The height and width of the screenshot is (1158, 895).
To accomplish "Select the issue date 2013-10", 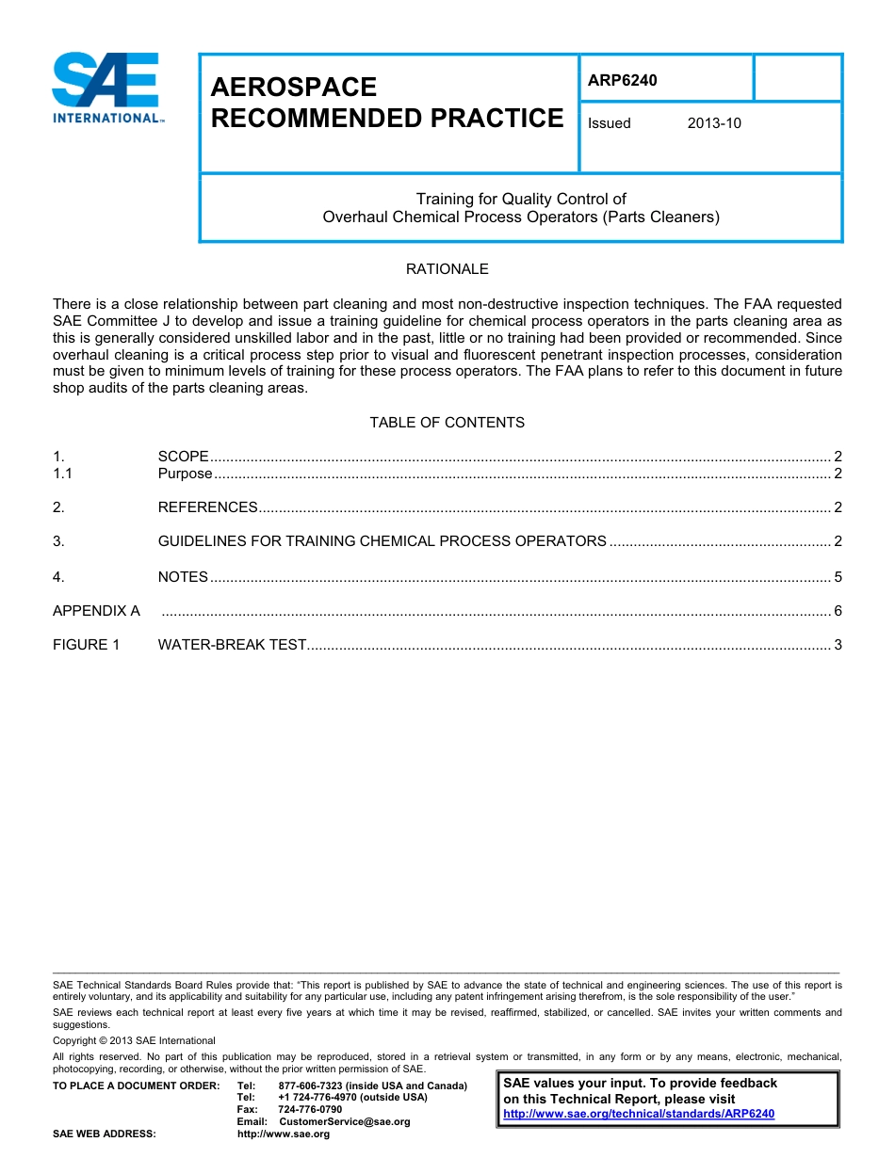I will [713, 123].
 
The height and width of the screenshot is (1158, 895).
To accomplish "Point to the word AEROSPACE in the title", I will [293, 88].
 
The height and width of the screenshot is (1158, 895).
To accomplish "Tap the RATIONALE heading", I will [447, 269].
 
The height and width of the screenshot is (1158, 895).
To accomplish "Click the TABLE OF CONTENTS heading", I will [447, 423].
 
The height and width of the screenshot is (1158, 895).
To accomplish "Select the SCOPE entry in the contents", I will [183, 457].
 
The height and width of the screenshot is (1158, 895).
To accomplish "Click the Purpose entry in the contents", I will [185, 474].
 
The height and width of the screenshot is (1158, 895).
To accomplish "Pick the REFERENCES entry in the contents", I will [207, 507].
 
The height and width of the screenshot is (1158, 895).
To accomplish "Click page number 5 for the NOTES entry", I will [838, 577].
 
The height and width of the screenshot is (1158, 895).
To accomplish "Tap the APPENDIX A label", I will [96, 611].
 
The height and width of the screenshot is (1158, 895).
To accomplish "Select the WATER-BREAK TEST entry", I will [232, 645].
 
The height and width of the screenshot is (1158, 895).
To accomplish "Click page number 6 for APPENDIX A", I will [838, 611].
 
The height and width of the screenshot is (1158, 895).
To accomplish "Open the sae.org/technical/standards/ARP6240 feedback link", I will [639, 1114].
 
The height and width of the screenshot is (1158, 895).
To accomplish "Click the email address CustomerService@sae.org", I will [345, 1122].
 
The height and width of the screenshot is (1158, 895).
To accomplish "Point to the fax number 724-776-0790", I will [310, 1110].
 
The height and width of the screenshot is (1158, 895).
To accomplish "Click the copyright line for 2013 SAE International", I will [134, 1040].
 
